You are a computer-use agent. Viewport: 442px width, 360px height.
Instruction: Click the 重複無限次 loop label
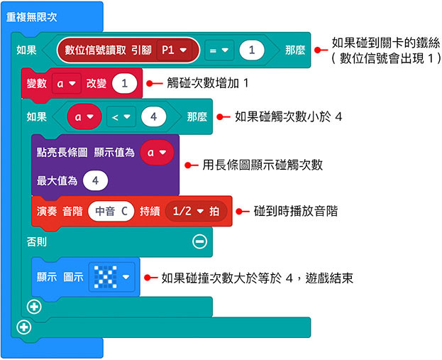pyautogui.click(x=33, y=16)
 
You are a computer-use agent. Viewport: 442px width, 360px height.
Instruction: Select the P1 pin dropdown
pyautogui.click(x=175, y=50)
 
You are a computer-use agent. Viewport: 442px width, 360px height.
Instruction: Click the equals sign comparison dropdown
pyautogui.click(x=220, y=50)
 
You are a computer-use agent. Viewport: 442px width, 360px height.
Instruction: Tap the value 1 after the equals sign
pyautogui.click(x=252, y=50)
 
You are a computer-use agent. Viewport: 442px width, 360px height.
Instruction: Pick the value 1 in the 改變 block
pyautogui.click(x=124, y=84)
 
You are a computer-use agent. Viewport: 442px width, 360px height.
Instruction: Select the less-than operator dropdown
pyautogui.click(x=121, y=116)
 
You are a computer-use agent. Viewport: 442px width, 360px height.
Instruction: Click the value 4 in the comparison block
pyautogui.click(x=153, y=116)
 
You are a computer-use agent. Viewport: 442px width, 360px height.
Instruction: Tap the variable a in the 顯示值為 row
pyautogui.click(x=156, y=152)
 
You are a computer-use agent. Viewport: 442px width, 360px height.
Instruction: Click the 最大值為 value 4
pyautogui.click(x=94, y=180)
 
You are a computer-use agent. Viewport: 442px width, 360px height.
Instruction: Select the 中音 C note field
pyautogui.click(x=110, y=212)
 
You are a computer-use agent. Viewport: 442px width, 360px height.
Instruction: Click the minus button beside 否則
pyautogui.click(x=200, y=242)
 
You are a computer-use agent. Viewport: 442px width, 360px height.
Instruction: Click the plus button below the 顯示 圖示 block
pyautogui.click(x=32, y=306)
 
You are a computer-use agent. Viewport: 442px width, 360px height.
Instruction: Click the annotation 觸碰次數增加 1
pyautogui.click(x=202, y=84)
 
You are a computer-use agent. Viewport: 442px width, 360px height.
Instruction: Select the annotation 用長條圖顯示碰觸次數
pyautogui.click(x=263, y=165)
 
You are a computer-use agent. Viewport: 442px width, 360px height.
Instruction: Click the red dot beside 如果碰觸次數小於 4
pyautogui.click(x=221, y=116)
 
